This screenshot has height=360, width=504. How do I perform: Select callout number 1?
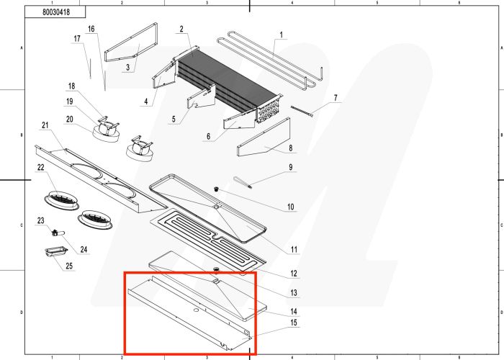pos(281,35)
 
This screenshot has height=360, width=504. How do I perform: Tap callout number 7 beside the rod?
pos(335,97)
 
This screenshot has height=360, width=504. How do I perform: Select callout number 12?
pos(294,274)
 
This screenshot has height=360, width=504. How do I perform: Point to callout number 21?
pos(45,126)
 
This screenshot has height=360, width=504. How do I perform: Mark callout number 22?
pos(41,168)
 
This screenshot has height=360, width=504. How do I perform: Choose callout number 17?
pos(76,37)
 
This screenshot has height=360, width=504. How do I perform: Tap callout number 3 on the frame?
pos(127,68)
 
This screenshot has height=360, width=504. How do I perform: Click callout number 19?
pos(71,102)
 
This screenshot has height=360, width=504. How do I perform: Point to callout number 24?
pos(84,250)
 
